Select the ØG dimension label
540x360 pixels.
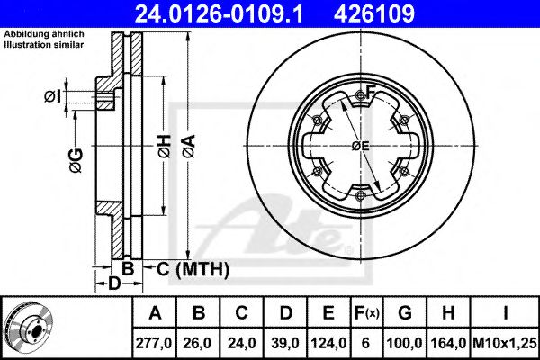click(75, 160)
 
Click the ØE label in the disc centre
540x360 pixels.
click(361, 146)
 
